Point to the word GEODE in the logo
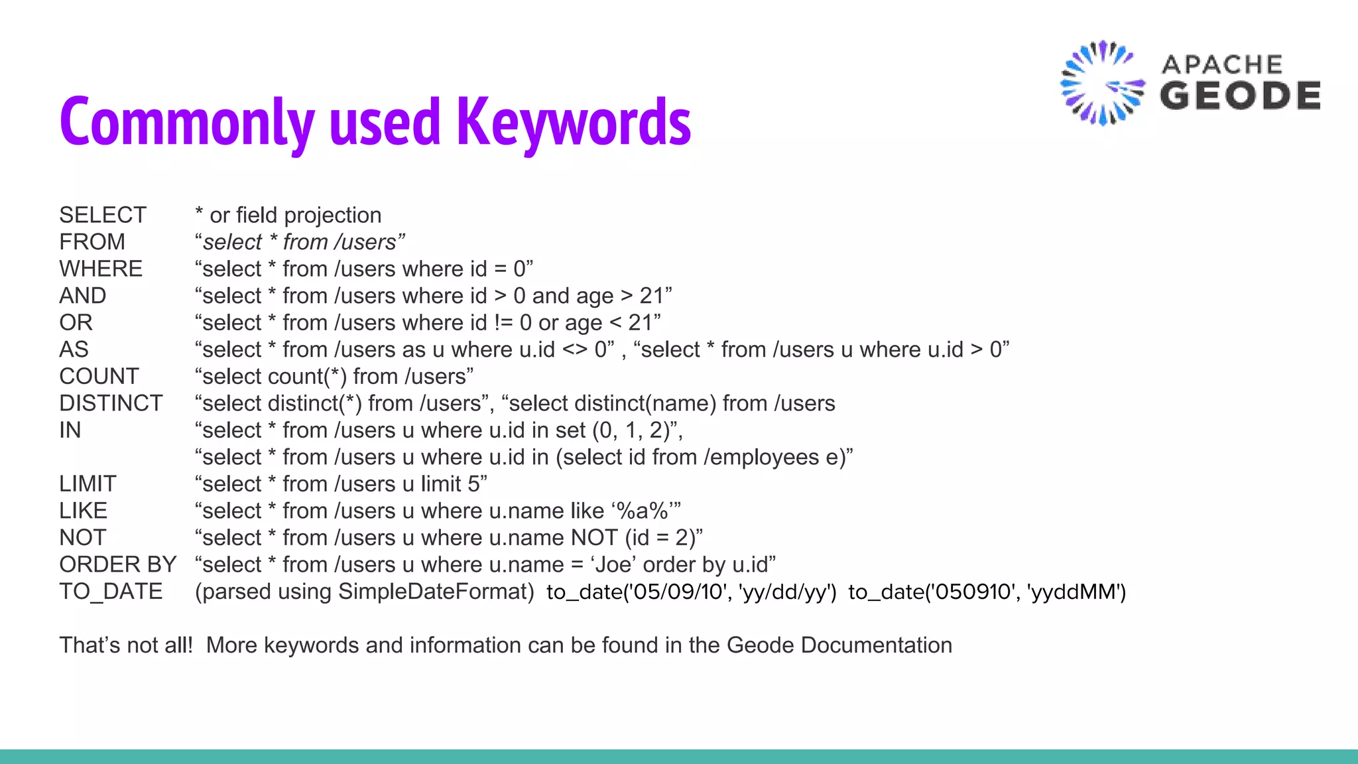pos(1240,95)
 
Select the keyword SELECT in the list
pos(103,216)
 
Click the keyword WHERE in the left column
pos(101,269)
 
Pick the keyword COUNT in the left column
pos(99,377)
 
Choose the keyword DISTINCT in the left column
pos(111,403)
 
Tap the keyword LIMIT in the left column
pos(88,484)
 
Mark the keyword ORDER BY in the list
pos(118,564)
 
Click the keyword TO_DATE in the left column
pos(111,592)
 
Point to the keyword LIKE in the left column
pos(83,511)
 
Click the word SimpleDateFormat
pos(436,592)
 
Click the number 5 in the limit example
pos(473,484)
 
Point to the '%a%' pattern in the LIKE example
pos(642,511)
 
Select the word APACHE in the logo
pos(1222,65)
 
